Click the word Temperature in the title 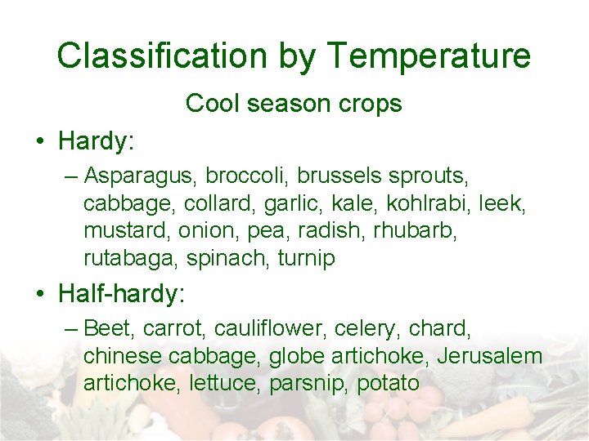click(x=429, y=56)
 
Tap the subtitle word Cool click(x=213, y=104)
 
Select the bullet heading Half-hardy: click(x=118, y=292)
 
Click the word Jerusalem click(x=490, y=357)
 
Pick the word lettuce click(x=225, y=384)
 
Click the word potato click(x=388, y=384)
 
